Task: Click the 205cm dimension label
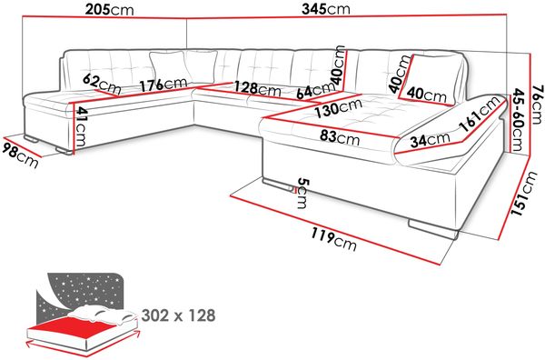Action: [x=110, y=10]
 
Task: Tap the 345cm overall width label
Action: [x=326, y=9]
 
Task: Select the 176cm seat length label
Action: [x=163, y=85]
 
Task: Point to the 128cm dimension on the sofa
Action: [x=257, y=88]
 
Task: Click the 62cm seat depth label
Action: [x=102, y=85]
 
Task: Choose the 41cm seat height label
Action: [x=81, y=126]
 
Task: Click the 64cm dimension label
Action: [x=315, y=91]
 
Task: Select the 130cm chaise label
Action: [x=339, y=107]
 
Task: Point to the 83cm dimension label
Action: [x=340, y=137]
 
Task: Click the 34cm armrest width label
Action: [x=430, y=139]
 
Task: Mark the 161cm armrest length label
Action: [x=481, y=114]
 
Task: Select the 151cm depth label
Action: [x=522, y=194]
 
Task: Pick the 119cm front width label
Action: [x=333, y=239]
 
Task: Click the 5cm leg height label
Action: [x=303, y=193]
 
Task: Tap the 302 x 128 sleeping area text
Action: [x=179, y=315]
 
